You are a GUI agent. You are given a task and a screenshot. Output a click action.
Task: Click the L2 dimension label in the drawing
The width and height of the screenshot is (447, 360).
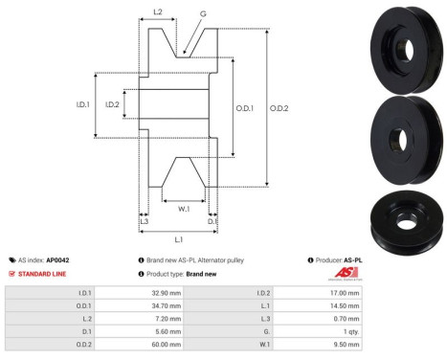point(158,13)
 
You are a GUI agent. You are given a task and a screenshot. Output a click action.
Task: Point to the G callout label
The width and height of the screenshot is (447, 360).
point(203,14)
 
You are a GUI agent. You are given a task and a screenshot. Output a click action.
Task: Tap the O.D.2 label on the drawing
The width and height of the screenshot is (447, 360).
point(277,108)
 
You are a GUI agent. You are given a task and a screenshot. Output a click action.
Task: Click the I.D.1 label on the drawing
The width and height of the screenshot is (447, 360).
point(83,104)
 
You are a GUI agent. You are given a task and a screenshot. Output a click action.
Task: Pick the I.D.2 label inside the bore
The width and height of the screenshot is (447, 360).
point(112,104)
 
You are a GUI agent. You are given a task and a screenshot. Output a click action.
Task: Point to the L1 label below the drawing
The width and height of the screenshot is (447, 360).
point(179,237)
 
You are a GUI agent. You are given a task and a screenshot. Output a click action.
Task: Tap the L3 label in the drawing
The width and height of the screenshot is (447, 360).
point(144,221)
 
